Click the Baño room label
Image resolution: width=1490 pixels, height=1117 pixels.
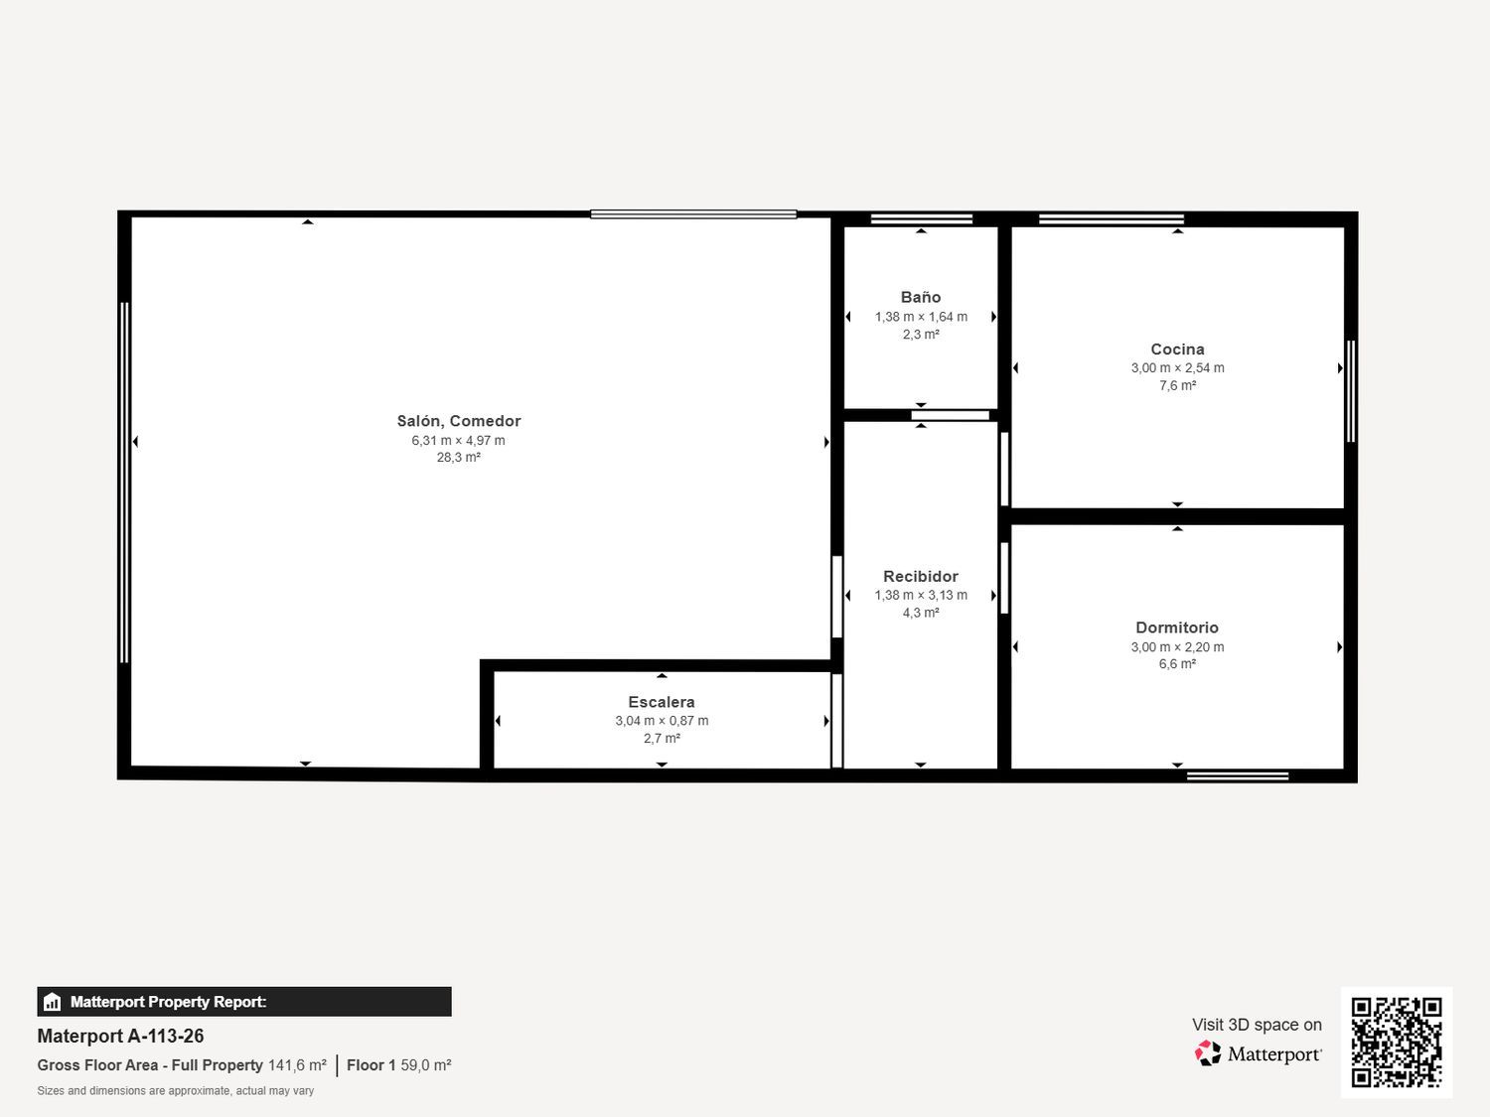(921, 297)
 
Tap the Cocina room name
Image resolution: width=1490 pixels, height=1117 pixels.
(1177, 349)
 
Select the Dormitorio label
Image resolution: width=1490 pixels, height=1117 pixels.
(1176, 628)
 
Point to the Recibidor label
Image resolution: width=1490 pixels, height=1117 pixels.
(921, 577)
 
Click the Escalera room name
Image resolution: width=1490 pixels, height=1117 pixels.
(662, 702)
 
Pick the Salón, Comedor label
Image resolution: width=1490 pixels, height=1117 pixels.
(459, 421)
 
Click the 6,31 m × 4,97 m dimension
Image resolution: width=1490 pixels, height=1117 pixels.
(458, 440)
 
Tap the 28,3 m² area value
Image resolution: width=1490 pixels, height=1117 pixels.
(458, 457)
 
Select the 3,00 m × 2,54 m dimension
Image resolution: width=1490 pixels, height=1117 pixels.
(1177, 367)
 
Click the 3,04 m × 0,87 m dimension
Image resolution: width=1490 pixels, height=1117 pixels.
(662, 720)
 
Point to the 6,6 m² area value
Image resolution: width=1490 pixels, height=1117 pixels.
(1177, 663)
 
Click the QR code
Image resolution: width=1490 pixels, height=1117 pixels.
(1397, 1043)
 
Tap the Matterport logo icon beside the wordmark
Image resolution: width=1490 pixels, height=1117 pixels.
(1207, 1053)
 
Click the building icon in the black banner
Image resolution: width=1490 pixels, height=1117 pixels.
(52, 1002)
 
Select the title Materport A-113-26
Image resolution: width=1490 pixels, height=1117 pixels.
(120, 1036)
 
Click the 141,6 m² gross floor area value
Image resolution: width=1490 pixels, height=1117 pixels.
(297, 1064)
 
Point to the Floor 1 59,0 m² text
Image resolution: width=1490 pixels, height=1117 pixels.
(398, 1064)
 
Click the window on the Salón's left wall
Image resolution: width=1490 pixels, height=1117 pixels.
(124, 483)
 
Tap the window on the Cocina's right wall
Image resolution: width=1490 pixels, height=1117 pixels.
(1350, 391)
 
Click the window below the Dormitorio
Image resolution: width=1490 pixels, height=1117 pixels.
(1237, 776)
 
